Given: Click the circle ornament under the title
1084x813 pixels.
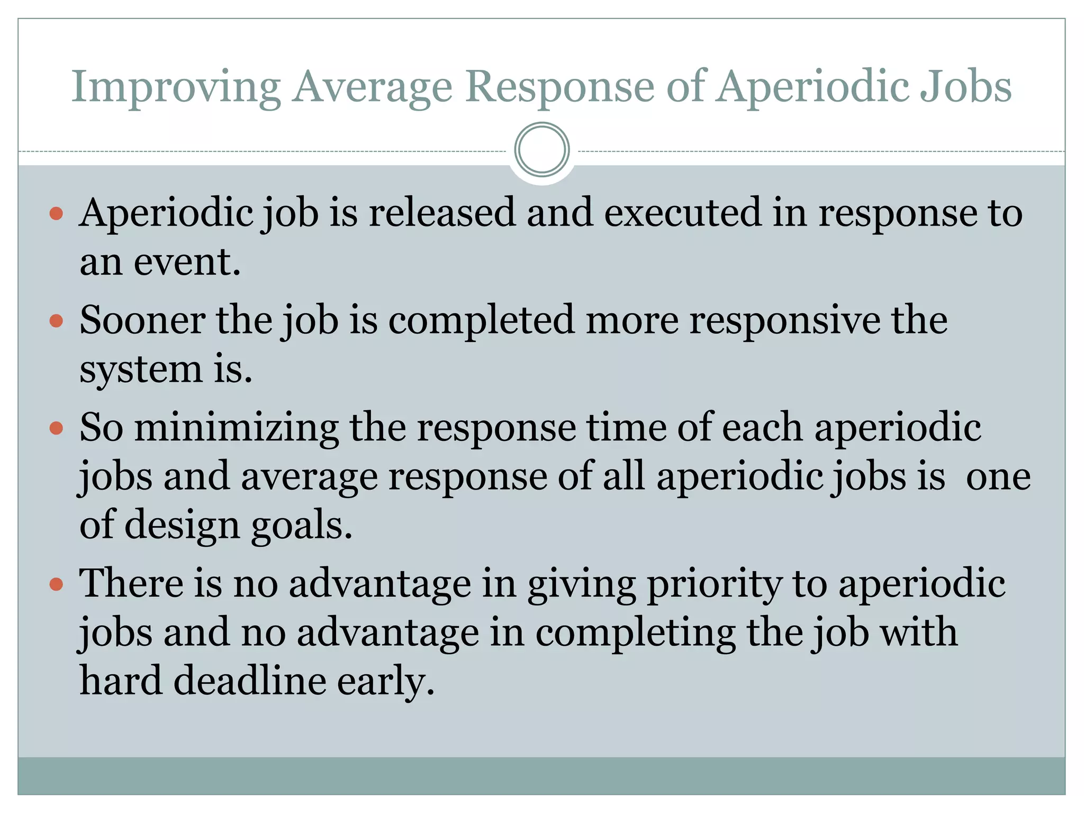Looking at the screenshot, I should pyautogui.click(x=541, y=150).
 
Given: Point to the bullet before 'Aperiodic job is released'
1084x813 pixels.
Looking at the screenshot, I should pyautogui.click(x=56, y=214).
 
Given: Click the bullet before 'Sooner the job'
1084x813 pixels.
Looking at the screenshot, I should pyautogui.click(x=56, y=321).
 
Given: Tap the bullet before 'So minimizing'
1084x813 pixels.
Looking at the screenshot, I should pyautogui.click(x=56, y=428).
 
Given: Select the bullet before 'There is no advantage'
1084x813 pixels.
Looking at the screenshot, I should pyautogui.click(x=56, y=584).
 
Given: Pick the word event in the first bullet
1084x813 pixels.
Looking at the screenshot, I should pyautogui.click(x=186, y=262).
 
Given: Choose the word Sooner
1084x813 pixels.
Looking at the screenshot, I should pyautogui.click(x=142, y=320).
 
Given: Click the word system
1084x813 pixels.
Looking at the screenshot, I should pyautogui.click(x=141, y=370).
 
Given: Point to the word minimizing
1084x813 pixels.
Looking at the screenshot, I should pyautogui.click(x=236, y=427).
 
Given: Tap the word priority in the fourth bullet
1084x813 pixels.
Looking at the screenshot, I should pyautogui.click(x=714, y=584).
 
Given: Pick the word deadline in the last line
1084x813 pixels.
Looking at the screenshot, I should pyautogui.click(x=250, y=681).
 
